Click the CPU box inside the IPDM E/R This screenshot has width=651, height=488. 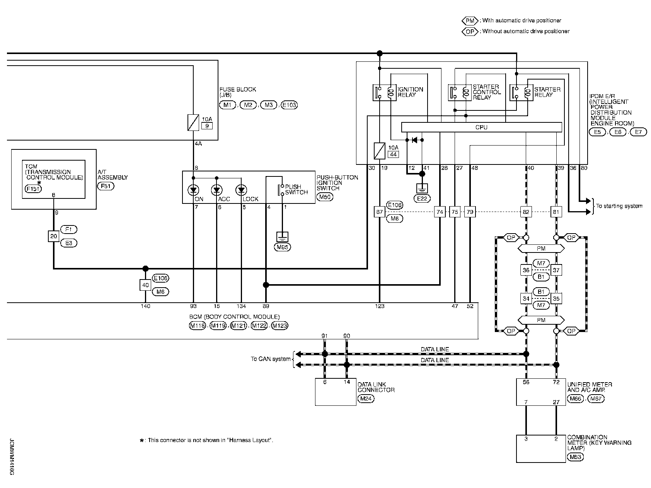[481, 127]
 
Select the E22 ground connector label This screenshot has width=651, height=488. [422, 198]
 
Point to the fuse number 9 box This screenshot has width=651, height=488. [207, 126]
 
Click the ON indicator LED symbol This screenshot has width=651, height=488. [193, 190]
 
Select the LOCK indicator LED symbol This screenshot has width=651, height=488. [241, 190]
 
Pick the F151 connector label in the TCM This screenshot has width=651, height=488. [33, 189]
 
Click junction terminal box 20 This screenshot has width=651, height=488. [53, 236]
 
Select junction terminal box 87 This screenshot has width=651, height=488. [380, 212]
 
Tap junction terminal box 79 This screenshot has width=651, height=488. [470, 212]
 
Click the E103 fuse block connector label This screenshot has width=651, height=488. [289, 105]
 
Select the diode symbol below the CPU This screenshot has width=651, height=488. [414, 140]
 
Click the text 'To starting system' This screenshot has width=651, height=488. [619, 206]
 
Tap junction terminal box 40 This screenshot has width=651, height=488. [145, 285]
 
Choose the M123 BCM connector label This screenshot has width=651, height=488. [279, 326]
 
